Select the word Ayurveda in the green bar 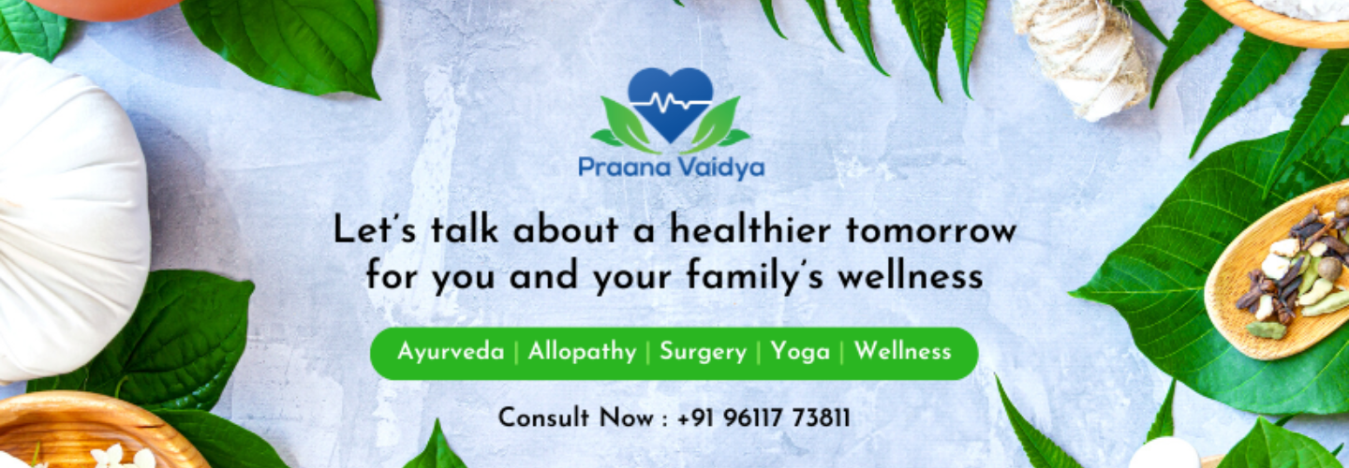point(451,353)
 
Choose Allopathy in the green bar point(582,353)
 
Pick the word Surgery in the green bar point(703,353)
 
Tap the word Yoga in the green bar point(800,353)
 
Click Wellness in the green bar point(903,351)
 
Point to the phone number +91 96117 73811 point(763,418)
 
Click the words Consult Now point(576,418)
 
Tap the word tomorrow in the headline point(931,231)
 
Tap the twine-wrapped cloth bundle point(1080,55)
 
